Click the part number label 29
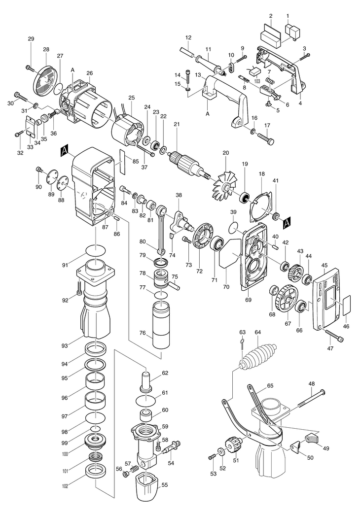pyautogui.click(x=31, y=39)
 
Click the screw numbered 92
pyautogui.click(x=79, y=288)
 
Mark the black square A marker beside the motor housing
pyautogui.click(x=65, y=151)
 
